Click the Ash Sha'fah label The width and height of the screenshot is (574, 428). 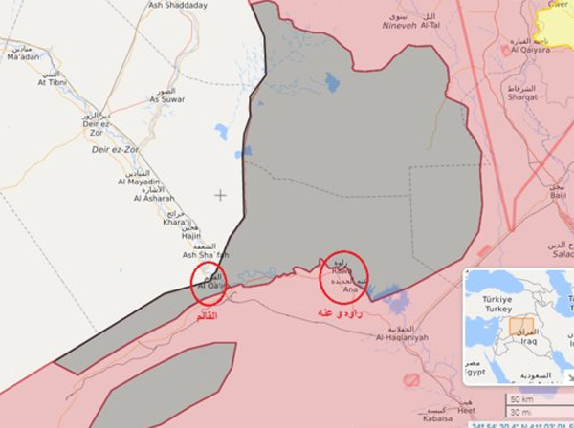click(207, 255)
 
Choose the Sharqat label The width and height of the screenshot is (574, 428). click(522, 97)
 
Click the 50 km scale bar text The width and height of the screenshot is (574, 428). click(522, 398)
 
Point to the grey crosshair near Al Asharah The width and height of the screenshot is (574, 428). click(221, 195)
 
